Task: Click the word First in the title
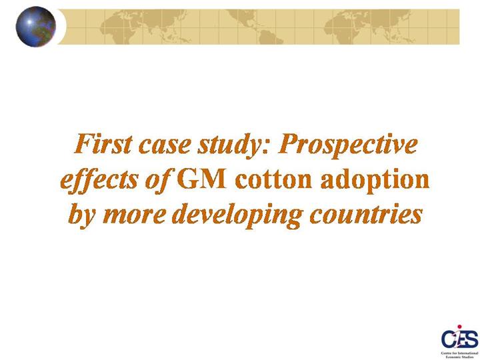point(104,143)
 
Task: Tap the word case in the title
point(165,145)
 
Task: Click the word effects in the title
point(99,181)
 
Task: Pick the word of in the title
point(158,181)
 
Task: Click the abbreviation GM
point(202,179)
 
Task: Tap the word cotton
point(273,180)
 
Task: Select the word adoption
point(375,181)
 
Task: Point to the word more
point(135,216)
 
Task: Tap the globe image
point(36,27)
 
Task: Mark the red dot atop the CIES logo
point(459,327)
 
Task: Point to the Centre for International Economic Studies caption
point(459,355)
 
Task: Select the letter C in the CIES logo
point(447,339)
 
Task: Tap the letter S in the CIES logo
point(472,339)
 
